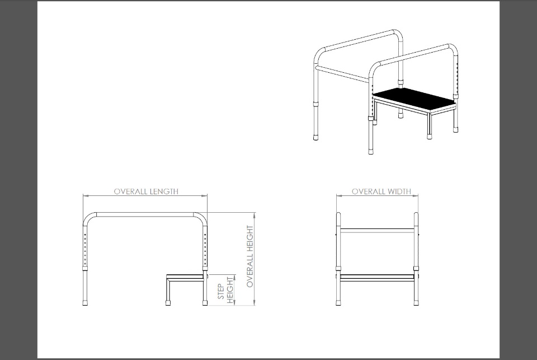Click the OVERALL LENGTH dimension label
click(x=146, y=191)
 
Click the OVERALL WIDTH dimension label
click(x=381, y=191)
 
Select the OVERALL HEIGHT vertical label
click(x=250, y=256)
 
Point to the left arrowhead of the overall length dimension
click(x=86, y=196)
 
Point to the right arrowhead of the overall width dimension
click(x=416, y=196)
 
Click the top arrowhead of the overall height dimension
click(x=254, y=216)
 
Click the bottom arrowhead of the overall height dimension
click(x=254, y=302)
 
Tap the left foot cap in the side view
click(x=85, y=303)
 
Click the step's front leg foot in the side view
click(x=168, y=303)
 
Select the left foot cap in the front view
click(x=338, y=303)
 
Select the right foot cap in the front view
click(x=416, y=303)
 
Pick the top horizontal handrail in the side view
click(x=145, y=214)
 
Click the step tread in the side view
click(x=185, y=275)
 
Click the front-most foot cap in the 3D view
click(x=371, y=151)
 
